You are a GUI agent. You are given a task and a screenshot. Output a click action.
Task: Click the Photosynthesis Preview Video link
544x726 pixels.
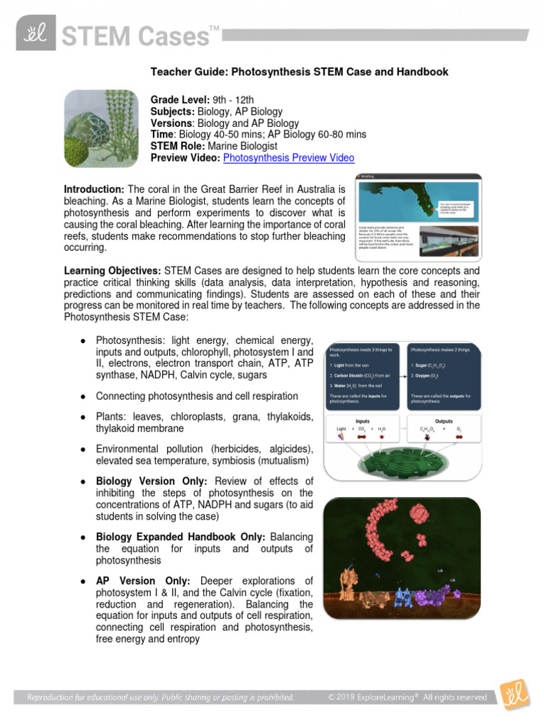pos(288,158)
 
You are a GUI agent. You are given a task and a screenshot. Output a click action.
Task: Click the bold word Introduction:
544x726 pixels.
pos(94,189)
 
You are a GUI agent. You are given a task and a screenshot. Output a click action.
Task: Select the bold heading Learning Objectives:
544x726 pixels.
pos(113,271)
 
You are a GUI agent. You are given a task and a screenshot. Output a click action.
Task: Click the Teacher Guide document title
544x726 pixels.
pos(299,72)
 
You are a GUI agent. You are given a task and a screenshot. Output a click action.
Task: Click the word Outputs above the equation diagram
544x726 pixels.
pos(444,420)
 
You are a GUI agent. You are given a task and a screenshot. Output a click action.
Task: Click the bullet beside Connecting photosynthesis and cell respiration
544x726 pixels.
pos(84,396)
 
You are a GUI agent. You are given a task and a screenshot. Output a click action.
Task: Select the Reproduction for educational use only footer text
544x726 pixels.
pos(160,698)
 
